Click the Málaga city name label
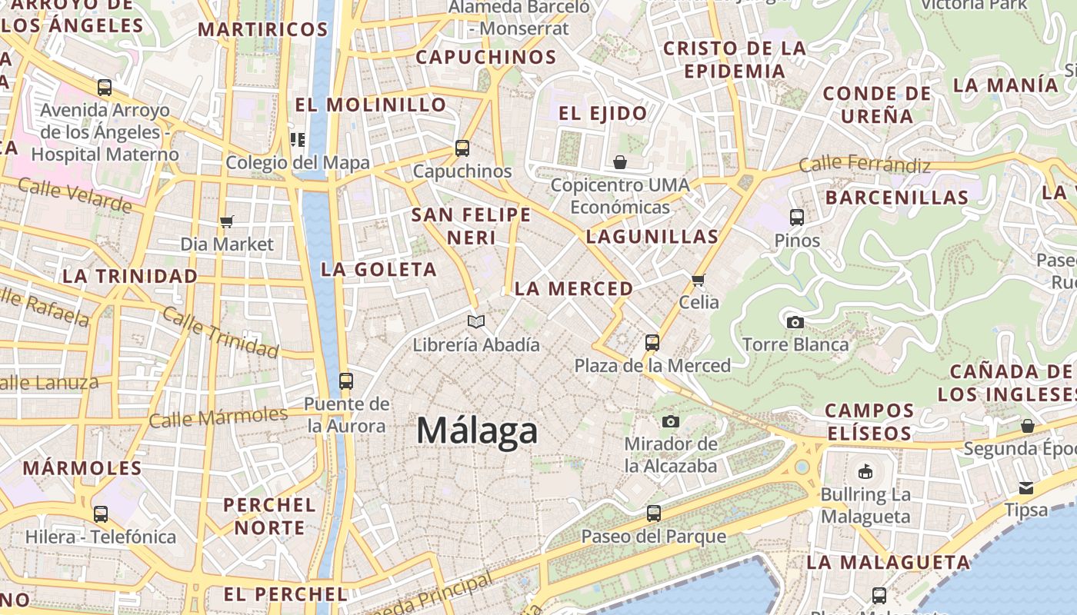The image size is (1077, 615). click(x=477, y=430)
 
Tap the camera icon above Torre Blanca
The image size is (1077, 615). click(x=795, y=322)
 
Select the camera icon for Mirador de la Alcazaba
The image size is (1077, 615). click(x=671, y=421)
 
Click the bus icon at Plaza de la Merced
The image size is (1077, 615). click(x=652, y=342)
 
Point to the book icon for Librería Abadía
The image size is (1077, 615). click(x=476, y=321)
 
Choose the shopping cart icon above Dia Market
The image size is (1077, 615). click(x=226, y=222)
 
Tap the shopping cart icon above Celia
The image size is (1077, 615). click(x=699, y=280)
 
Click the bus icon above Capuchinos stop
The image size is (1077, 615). click(x=462, y=148)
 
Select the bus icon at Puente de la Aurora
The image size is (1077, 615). click(x=345, y=381)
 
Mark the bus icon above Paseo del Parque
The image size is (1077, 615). click(x=653, y=513)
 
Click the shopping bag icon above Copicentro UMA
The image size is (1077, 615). click(x=620, y=162)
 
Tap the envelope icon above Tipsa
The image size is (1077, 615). click(x=1026, y=487)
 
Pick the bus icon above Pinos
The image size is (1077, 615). click(x=797, y=218)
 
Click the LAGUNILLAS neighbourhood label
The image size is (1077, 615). click(x=652, y=237)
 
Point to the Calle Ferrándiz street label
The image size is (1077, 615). click(x=865, y=165)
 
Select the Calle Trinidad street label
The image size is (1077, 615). click(x=220, y=334)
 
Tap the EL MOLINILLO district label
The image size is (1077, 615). click(x=371, y=105)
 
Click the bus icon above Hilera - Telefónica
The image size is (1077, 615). click(x=101, y=514)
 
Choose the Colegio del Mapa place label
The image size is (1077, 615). click(x=298, y=163)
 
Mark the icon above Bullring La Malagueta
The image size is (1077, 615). click(x=865, y=471)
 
